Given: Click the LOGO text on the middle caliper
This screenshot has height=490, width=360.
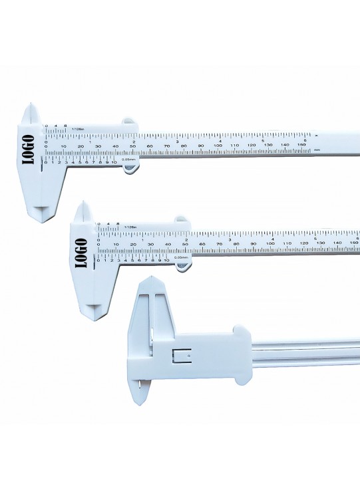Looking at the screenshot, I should (82, 252).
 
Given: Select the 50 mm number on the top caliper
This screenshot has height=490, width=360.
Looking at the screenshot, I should (132, 146).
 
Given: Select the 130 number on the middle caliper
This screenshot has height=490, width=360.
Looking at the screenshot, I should (321, 244).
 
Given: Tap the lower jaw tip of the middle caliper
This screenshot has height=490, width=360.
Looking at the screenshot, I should (96, 311).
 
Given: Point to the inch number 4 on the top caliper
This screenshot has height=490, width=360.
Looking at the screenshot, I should (220, 140).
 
